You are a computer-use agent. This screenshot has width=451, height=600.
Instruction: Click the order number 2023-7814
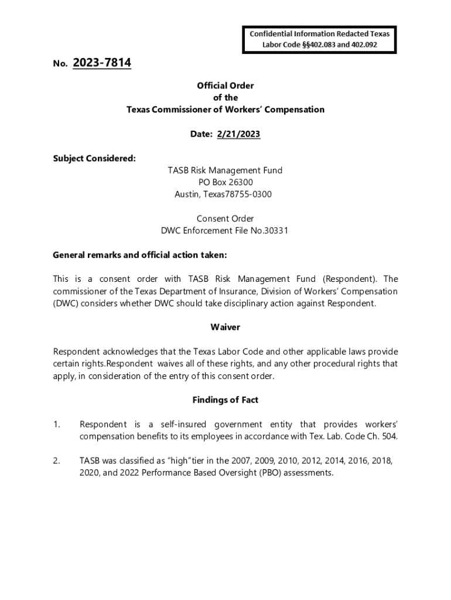(102, 63)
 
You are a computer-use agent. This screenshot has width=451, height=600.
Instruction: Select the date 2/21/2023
(238, 134)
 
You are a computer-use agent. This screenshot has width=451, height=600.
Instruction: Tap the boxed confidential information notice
(319, 39)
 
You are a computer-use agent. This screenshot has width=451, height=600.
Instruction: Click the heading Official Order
(225, 86)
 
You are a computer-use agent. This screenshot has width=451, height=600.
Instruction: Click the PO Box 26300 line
(225, 182)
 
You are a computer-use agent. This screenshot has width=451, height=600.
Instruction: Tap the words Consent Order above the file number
(225, 219)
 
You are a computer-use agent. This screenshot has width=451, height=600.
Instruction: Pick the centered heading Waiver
(225, 327)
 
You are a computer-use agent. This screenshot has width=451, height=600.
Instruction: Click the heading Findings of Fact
(225, 400)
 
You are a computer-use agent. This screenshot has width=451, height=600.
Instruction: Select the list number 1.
(56, 424)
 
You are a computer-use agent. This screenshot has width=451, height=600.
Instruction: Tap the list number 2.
(56, 461)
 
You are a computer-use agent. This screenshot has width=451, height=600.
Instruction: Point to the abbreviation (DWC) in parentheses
(65, 304)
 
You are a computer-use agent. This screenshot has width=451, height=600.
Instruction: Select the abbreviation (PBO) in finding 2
(266, 473)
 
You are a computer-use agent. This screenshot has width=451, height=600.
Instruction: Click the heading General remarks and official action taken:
(139, 255)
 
